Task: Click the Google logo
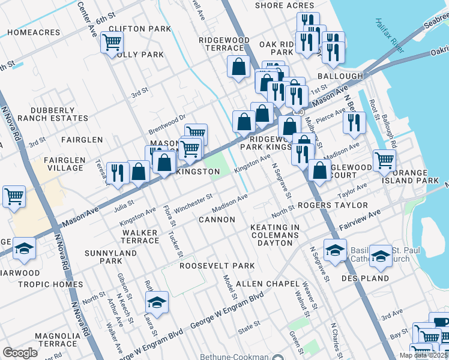(20, 353)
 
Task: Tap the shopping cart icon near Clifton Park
(112, 43)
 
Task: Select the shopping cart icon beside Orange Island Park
(384, 160)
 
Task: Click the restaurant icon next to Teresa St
(117, 173)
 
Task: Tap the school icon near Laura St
(157, 302)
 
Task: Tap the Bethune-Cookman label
(236, 356)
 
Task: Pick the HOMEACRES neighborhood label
(30, 32)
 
